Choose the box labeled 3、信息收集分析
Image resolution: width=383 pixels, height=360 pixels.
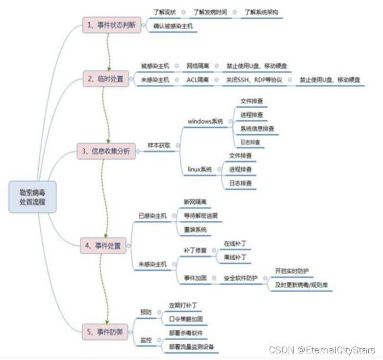(107, 151)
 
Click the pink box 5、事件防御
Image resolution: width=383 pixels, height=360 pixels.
(106, 332)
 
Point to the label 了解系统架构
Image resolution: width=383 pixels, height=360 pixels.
(261, 11)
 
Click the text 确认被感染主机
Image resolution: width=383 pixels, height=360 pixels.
(173, 25)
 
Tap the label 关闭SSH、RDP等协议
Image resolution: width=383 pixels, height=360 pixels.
(254, 80)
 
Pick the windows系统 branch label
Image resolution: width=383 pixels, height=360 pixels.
(205, 121)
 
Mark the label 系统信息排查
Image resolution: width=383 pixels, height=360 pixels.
(258, 128)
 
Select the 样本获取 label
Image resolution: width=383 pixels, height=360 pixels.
(158, 145)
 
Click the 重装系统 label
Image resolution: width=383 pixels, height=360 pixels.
(195, 230)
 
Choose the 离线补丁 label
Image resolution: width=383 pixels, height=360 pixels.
(235, 257)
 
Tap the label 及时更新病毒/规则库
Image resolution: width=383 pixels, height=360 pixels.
(302, 284)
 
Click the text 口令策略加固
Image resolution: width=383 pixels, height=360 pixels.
(186, 319)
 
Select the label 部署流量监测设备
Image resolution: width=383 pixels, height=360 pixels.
(192, 347)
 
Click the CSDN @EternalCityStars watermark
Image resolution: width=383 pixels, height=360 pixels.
(322, 350)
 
